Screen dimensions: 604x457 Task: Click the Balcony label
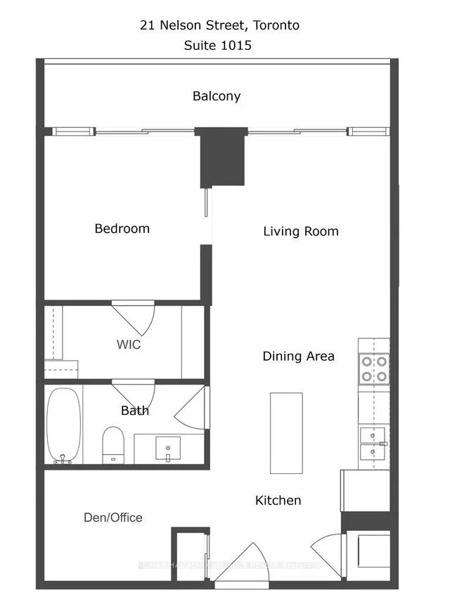pyautogui.click(x=217, y=96)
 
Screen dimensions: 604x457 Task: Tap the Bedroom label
pyautogui.click(x=122, y=229)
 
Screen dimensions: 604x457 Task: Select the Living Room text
pyautogui.click(x=300, y=231)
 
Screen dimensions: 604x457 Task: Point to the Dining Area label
pyautogui.click(x=298, y=356)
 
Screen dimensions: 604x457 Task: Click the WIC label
pyautogui.click(x=129, y=345)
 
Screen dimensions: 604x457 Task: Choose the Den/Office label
pyautogui.click(x=112, y=518)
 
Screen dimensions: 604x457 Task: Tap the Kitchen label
pyautogui.click(x=278, y=501)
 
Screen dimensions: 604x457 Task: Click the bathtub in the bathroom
pyautogui.click(x=63, y=426)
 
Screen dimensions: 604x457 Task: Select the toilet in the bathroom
pyautogui.click(x=112, y=444)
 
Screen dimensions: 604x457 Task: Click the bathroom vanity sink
pyautogui.click(x=167, y=448)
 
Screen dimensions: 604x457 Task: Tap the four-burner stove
pyautogui.click(x=374, y=368)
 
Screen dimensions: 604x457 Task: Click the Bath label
pyautogui.click(x=134, y=411)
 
